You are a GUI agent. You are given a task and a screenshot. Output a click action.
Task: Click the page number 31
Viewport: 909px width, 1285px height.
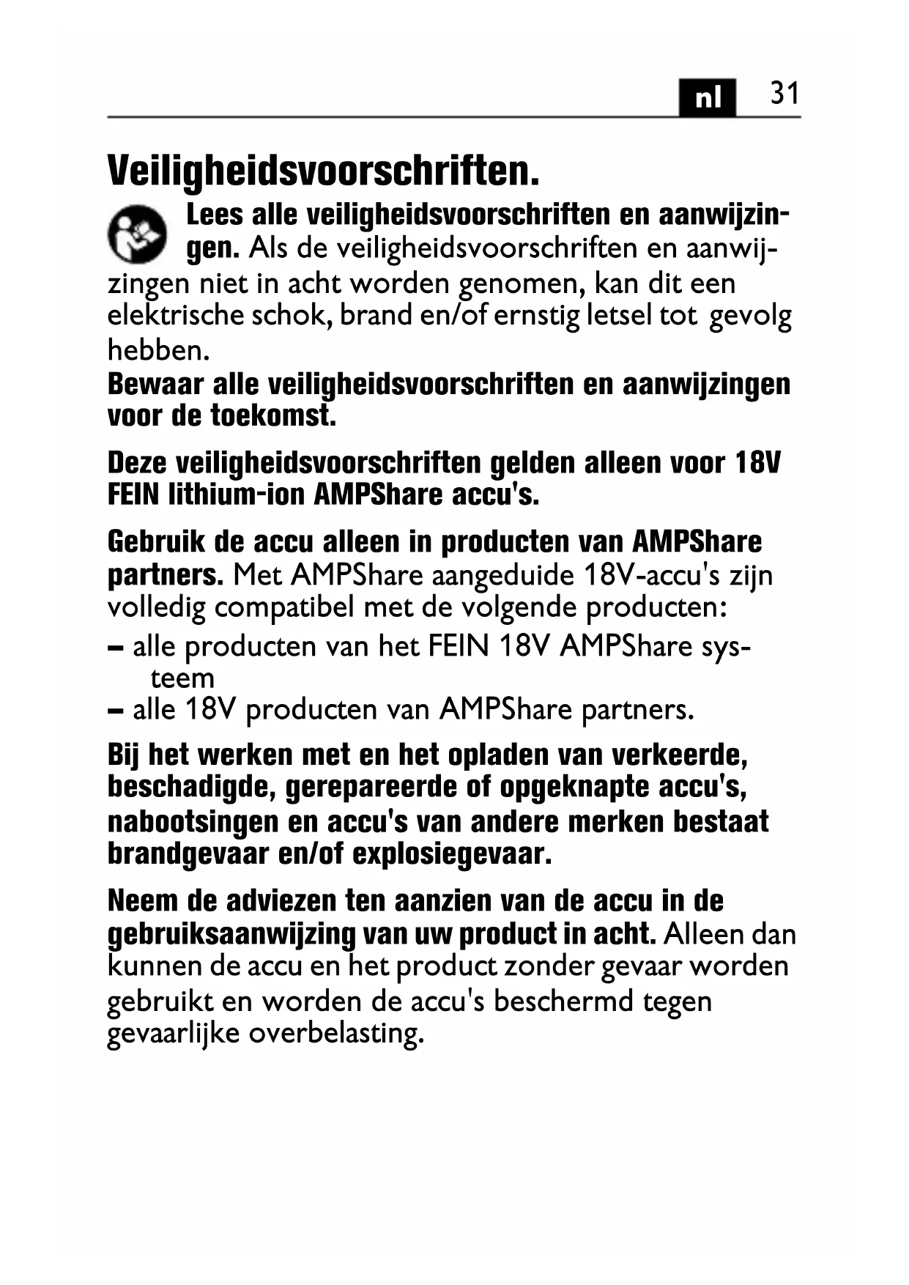pos(784,94)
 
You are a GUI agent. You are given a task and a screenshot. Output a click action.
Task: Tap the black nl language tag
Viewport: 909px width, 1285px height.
pos(707,97)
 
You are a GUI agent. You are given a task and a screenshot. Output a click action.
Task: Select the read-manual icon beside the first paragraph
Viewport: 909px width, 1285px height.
pos(137,233)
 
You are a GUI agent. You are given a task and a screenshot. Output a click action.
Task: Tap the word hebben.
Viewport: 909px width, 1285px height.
pos(158,350)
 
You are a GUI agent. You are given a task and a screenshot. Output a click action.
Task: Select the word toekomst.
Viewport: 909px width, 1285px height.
pos(273,416)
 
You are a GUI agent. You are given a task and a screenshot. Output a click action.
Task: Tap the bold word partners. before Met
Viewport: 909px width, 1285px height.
pos(166,575)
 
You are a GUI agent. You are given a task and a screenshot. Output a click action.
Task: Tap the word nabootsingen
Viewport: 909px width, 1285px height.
pos(192,821)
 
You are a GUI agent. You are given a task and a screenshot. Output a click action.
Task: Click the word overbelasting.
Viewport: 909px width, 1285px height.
pos(336,1033)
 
